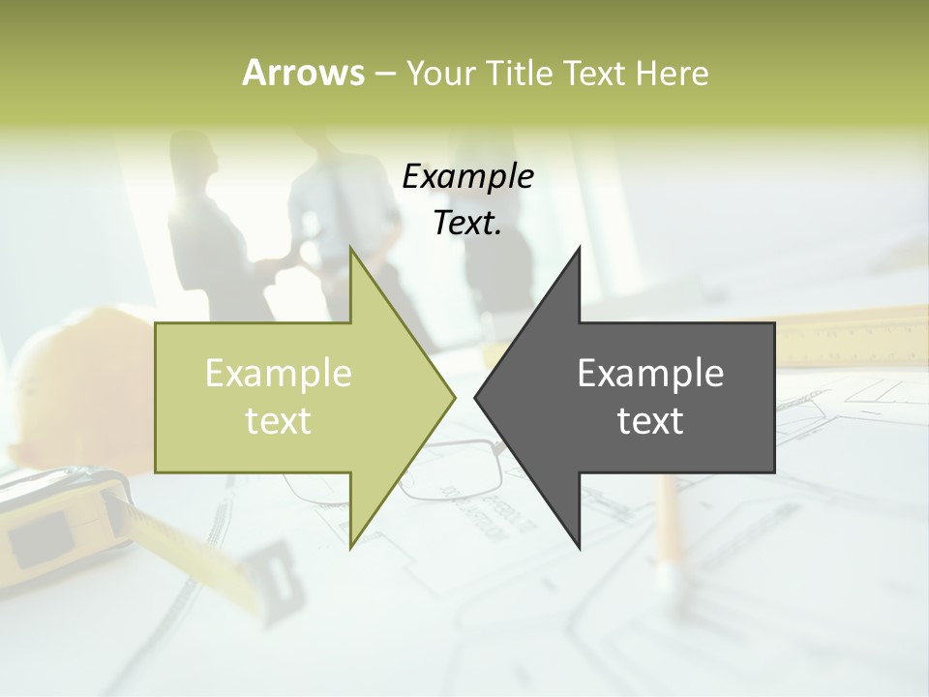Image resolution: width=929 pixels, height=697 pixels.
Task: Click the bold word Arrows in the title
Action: (x=303, y=73)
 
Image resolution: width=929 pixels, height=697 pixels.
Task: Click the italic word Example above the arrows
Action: (x=467, y=177)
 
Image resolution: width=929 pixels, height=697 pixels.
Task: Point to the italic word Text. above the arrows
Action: (x=467, y=224)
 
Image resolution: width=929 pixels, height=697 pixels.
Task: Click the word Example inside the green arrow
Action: (x=278, y=374)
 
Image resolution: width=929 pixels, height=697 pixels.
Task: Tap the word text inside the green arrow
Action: (x=278, y=421)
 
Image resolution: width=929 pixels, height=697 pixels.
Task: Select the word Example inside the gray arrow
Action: (x=650, y=374)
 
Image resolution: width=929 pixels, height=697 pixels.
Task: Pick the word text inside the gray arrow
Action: (x=650, y=421)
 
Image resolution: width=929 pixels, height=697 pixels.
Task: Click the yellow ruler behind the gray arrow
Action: (x=852, y=334)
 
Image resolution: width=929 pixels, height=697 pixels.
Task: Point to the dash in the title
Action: (x=384, y=74)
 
